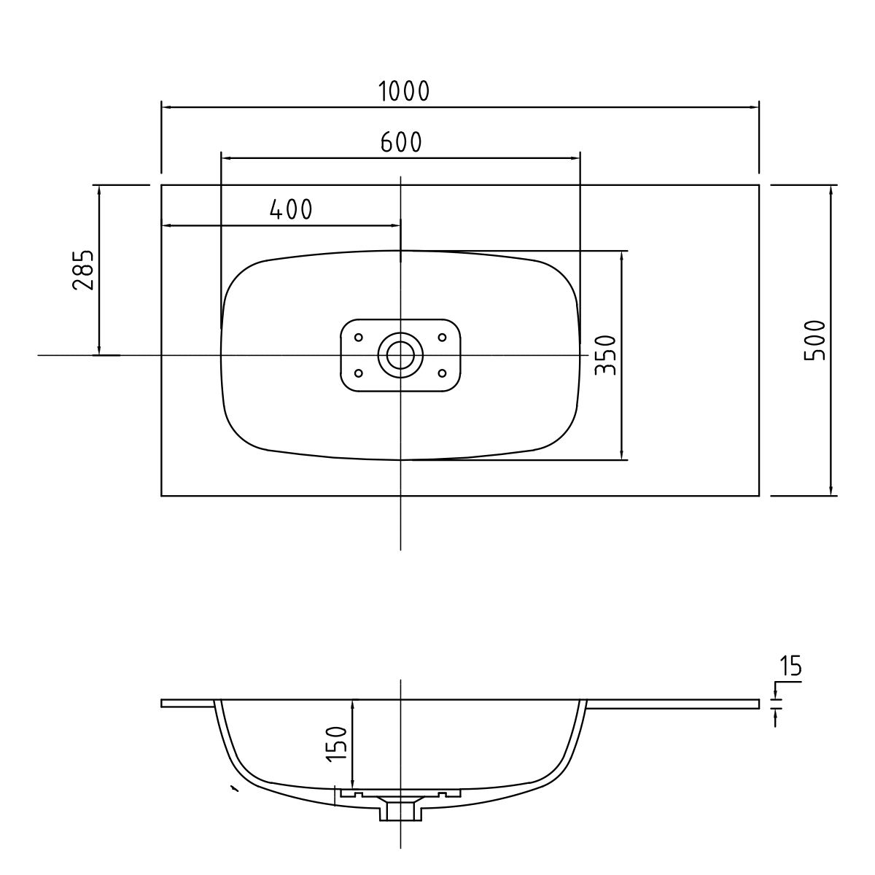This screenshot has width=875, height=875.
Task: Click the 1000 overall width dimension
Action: tap(404, 91)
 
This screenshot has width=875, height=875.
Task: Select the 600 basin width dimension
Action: tap(401, 142)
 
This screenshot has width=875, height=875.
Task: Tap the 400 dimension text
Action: tap(291, 209)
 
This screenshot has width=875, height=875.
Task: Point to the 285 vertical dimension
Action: tap(83, 270)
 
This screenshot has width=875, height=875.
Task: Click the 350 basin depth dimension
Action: tap(606, 355)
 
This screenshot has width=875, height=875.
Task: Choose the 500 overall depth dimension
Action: tap(814, 341)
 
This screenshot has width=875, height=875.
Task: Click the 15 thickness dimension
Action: tap(790, 666)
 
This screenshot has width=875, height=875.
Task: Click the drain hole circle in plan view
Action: tap(400, 355)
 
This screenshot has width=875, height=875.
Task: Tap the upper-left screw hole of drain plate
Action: tap(358, 338)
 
